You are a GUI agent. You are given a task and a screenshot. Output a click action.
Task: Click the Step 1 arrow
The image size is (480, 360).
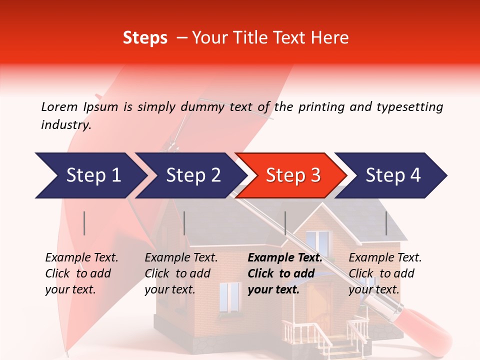point(90,175)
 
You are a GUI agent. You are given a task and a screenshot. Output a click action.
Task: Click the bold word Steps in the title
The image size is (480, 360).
point(145,38)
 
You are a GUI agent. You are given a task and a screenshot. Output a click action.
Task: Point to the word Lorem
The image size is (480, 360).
point(59,106)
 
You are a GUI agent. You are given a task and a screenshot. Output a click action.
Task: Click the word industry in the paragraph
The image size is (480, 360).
point(65,125)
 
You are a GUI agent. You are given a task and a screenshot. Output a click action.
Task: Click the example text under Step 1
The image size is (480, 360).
point(81,273)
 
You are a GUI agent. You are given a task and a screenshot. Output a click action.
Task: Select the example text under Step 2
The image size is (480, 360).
point(180,273)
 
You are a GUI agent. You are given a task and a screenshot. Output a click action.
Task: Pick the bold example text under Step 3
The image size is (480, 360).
point(284,273)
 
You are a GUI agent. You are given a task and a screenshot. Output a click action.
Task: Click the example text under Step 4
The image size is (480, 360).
point(384,273)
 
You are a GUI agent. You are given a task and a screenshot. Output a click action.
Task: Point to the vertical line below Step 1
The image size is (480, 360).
point(84,223)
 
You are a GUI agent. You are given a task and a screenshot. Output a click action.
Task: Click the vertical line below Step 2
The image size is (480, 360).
point(184,223)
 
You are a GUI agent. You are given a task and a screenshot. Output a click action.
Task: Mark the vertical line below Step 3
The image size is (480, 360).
point(285,223)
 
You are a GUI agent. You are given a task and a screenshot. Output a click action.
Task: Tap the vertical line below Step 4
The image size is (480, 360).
point(386,223)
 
